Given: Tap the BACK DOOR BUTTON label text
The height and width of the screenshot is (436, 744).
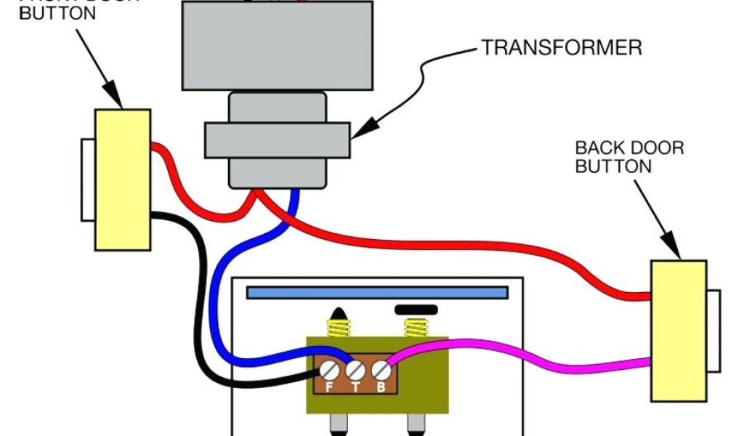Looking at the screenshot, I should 629,157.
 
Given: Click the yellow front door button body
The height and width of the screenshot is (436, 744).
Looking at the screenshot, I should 122,179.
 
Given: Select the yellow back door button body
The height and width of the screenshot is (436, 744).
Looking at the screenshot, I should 678,331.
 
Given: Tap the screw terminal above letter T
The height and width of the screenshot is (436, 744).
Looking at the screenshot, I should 355,371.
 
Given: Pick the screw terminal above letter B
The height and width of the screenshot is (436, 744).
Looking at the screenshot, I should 381,371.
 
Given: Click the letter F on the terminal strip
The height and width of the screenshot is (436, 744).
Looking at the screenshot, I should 329,387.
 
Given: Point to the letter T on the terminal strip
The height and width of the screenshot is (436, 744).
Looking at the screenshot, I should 355,387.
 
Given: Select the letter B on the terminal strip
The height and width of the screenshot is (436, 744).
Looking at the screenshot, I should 381,387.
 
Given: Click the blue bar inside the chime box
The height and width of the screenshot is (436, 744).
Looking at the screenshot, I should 376,292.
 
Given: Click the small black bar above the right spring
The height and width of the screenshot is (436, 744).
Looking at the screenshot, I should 416,310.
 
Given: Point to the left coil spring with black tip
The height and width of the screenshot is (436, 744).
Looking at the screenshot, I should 337,324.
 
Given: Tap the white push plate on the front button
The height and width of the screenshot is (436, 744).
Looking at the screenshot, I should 87,180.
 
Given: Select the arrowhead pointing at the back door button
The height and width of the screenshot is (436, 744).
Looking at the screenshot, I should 676,251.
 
